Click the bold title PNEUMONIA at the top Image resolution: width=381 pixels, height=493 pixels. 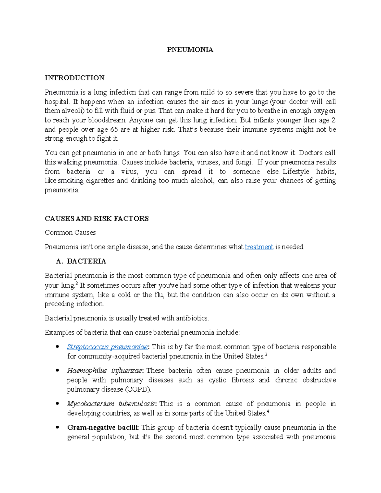pyautogui.click(x=190, y=50)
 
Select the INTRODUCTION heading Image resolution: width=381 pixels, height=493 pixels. pyautogui.click(x=75, y=78)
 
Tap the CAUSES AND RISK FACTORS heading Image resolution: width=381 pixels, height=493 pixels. pyautogui.click(x=97, y=219)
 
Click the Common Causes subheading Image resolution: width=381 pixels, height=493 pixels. pyautogui.click(x=70, y=233)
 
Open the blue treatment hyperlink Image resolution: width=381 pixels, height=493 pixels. pyautogui.click(x=259, y=247)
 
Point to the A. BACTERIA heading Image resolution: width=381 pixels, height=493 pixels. pyautogui.click(x=81, y=261)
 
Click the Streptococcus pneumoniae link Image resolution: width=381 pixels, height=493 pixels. pyautogui.click(x=107, y=347)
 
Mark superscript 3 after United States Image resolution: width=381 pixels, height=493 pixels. pyautogui.click(x=266, y=355)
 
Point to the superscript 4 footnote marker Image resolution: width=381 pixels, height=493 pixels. pyautogui.click(x=268, y=411)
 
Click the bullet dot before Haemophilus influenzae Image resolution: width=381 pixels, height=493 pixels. pyautogui.click(x=57, y=371)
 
